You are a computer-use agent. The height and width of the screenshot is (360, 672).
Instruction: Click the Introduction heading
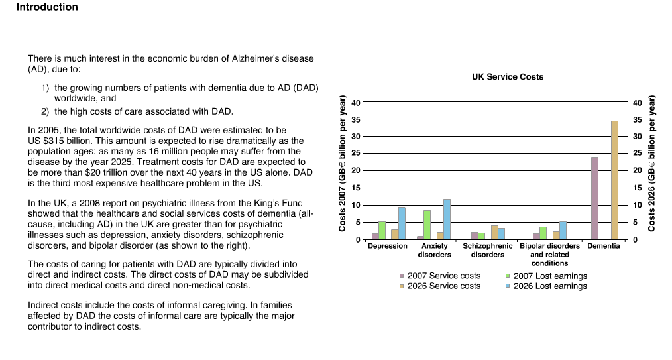pos(47,7)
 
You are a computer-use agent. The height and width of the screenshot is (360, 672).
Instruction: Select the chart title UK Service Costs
pos(508,77)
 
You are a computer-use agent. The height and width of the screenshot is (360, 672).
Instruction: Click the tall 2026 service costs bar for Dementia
pos(614,180)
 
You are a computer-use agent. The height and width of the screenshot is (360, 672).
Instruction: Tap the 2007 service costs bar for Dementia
pos(594,198)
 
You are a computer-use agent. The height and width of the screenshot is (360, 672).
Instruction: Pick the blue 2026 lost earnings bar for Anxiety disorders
pos(447,219)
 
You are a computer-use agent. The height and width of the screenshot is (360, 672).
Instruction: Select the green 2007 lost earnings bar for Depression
pos(382,231)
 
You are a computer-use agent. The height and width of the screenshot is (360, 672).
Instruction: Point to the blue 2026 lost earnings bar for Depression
pos(402,223)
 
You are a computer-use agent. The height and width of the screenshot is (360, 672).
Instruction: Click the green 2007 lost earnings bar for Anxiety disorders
pos(427,225)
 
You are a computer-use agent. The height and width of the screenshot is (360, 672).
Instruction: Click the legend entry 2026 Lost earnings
pos(546,286)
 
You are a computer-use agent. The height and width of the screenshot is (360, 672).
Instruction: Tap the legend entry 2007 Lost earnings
pos(546,276)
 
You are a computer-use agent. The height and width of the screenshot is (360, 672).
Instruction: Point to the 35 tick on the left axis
pos(356,119)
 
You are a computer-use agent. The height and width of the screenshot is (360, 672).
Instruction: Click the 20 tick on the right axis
pos(638,170)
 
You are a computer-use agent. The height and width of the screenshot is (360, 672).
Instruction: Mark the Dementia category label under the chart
pos(604,246)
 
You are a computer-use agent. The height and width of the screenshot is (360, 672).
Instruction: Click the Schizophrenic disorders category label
pos(487,251)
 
